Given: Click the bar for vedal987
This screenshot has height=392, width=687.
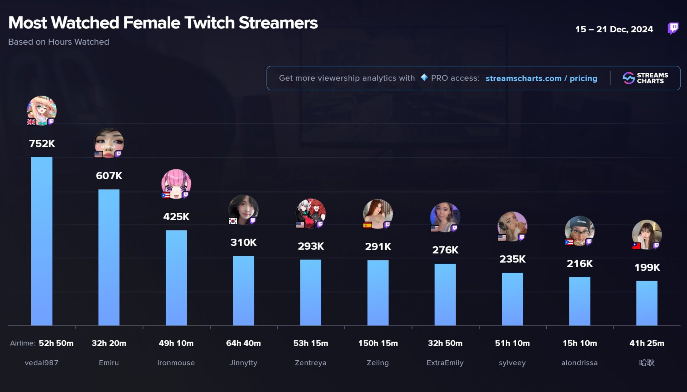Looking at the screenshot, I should pyautogui.click(x=42, y=241).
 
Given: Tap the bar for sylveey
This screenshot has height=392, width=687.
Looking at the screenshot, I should pyautogui.click(x=512, y=299).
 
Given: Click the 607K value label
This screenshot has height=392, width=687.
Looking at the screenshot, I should pyautogui.click(x=109, y=176).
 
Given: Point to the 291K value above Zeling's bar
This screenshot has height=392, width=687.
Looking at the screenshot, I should pyautogui.click(x=378, y=247).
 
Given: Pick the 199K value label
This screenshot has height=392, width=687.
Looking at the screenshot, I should pyautogui.click(x=647, y=267).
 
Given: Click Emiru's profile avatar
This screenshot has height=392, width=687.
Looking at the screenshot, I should pyautogui.click(x=109, y=143).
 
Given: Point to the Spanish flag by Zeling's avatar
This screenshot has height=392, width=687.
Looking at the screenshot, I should pyautogui.click(x=367, y=225).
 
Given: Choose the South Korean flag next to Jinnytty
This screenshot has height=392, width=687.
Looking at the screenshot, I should pyautogui.click(x=233, y=221).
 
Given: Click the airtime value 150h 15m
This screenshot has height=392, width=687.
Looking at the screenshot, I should pyautogui.click(x=378, y=343).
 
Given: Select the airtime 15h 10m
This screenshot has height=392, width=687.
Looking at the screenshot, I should pyautogui.click(x=580, y=343).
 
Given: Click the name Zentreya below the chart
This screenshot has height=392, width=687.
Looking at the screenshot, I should pyautogui.click(x=310, y=363).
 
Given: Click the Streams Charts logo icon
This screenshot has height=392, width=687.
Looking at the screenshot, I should pyautogui.click(x=628, y=78).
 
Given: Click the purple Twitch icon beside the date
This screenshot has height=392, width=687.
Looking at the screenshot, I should pyautogui.click(x=673, y=28).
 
